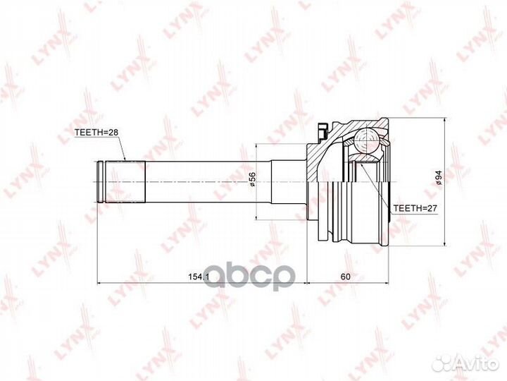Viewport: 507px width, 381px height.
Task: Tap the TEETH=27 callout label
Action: point(415,210)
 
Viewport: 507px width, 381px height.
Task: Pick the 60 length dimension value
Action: point(344,276)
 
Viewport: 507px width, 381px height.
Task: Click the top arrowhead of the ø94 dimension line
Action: point(444,121)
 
